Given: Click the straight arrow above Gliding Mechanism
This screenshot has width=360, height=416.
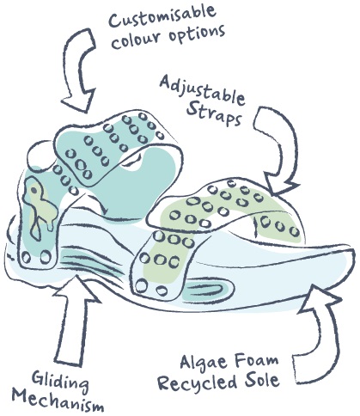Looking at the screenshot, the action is click(x=75, y=321).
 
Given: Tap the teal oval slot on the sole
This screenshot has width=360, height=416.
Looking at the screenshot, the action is click(x=207, y=291).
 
